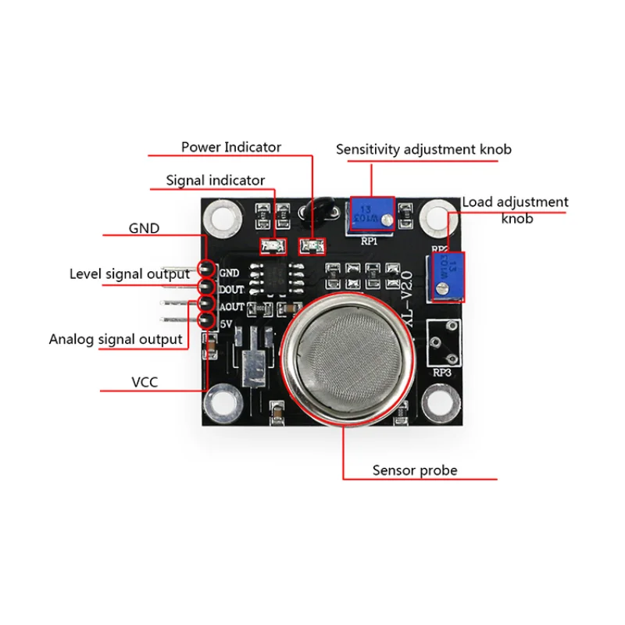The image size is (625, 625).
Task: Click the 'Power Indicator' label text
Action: [x=231, y=147]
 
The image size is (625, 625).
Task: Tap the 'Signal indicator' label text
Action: [x=216, y=180]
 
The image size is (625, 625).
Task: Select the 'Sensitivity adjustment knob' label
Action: [x=423, y=149]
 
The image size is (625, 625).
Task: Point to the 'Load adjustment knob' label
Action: [x=515, y=209]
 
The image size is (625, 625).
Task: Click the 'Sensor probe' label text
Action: [x=415, y=470]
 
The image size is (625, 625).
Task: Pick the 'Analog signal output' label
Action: [x=116, y=339]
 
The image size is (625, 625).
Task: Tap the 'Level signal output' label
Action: [x=129, y=274]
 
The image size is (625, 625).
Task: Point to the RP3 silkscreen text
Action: [x=442, y=373]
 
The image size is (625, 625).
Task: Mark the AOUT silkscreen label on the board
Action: [x=232, y=306]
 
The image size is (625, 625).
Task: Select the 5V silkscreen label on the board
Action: [x=227, y=323]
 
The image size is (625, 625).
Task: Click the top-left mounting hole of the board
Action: [x=225, y=219]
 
